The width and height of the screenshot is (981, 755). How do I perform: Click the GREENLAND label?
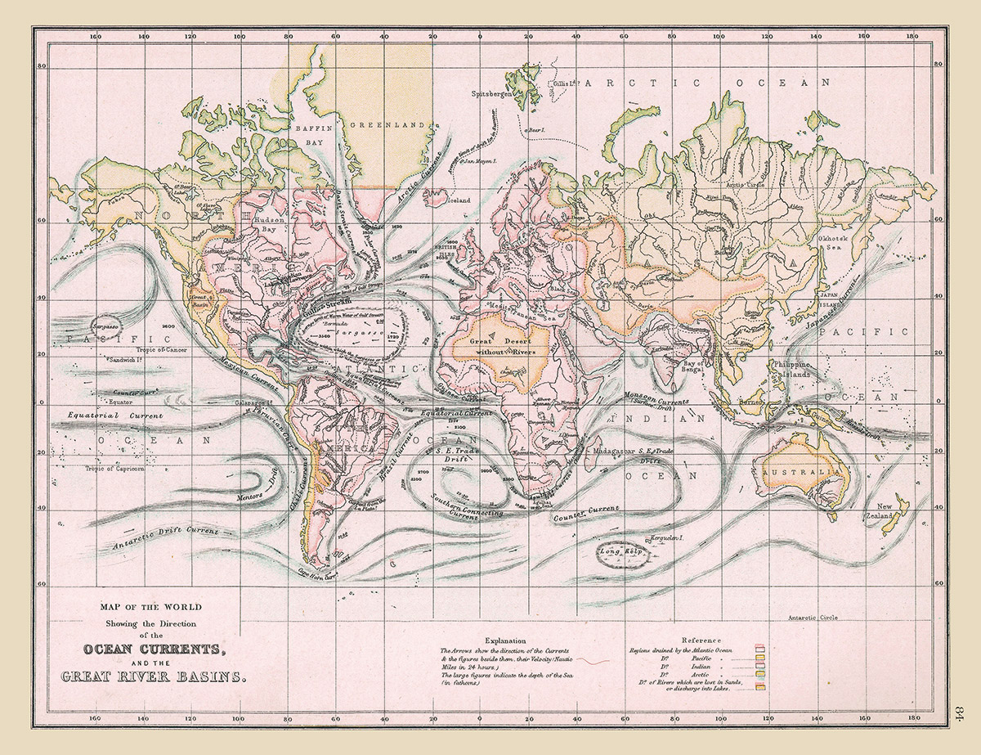tap(389, 125)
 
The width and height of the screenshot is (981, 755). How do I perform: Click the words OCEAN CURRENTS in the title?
tap(152, 649)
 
